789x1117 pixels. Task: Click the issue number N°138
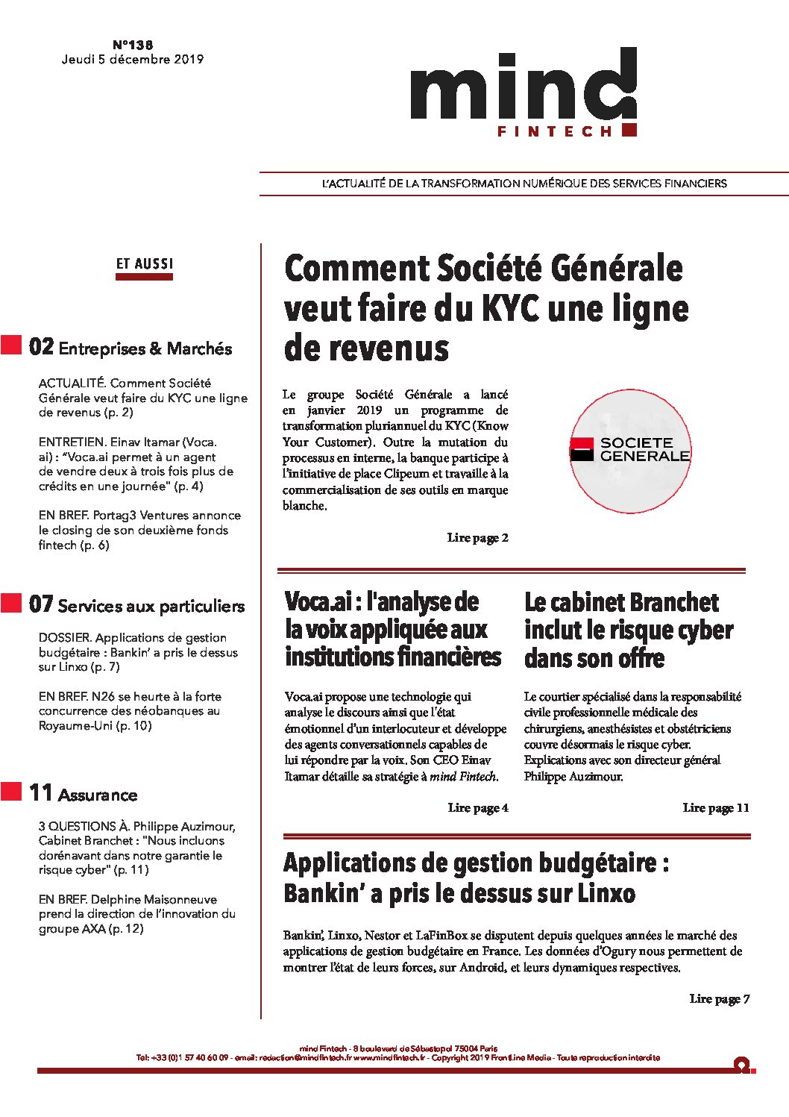[133, 45]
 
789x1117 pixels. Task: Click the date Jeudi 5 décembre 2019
[133, 60]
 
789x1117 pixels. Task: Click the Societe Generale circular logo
[630, 450]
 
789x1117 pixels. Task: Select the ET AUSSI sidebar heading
[144, 264]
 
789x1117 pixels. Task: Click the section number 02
[42, 347]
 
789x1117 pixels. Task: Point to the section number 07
[41, 604]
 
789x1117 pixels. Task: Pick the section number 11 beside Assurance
[41, 793]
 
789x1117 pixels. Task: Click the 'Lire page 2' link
[478, 538]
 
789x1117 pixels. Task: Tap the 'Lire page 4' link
[478, 808]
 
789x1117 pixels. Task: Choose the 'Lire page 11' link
[716, 808]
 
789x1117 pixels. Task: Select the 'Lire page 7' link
[720, 999]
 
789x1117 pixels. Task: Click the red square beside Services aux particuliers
[11, 603]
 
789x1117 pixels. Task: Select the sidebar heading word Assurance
[98, 795]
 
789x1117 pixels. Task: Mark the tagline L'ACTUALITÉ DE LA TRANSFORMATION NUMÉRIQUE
[524, 184]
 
